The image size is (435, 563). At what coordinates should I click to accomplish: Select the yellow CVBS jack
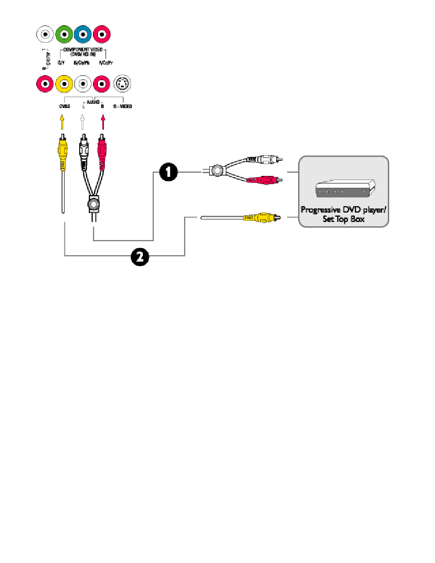tap(63, 84)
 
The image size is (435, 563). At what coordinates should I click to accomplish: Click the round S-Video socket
tap(122, 84)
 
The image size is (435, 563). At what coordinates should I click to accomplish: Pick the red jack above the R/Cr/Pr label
tap(102, 34)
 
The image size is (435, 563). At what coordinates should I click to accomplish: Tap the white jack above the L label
tap(83, 84)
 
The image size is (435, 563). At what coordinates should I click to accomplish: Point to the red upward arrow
tap(103, 122)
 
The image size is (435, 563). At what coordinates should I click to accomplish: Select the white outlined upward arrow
tap(83, 122)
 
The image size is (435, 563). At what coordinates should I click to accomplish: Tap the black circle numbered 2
tap(140, 256)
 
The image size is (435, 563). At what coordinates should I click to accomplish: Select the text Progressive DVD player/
tap(343, 210)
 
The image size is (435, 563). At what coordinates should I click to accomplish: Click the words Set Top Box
tap(343, 219)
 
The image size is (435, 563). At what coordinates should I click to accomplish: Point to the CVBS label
tap(63, 106)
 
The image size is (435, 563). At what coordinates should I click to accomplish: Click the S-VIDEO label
tap(122, 106)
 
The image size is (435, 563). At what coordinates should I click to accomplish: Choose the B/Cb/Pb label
tap(82, 62)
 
